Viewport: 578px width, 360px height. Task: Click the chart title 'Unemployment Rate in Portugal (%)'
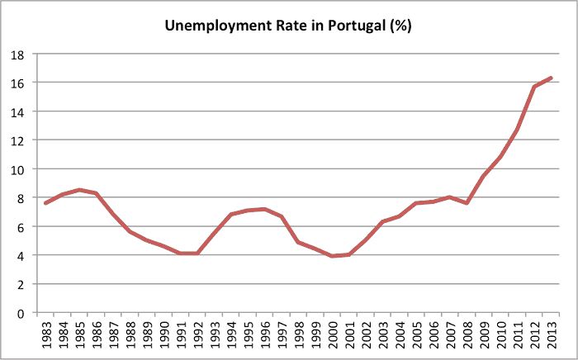click(288, 26)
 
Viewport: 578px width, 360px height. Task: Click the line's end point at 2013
click(551, 78)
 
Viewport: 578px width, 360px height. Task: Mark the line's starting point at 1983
click(46, 203)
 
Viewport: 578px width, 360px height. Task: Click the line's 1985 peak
click(79, 190)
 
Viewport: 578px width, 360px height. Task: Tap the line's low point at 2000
click(332, 256)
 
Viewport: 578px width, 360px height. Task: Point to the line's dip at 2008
click(467, 203)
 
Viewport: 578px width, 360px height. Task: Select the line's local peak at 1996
click(264, 209)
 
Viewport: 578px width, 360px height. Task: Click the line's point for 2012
click(534, 87)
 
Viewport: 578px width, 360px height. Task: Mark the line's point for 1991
click(181, 253)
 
